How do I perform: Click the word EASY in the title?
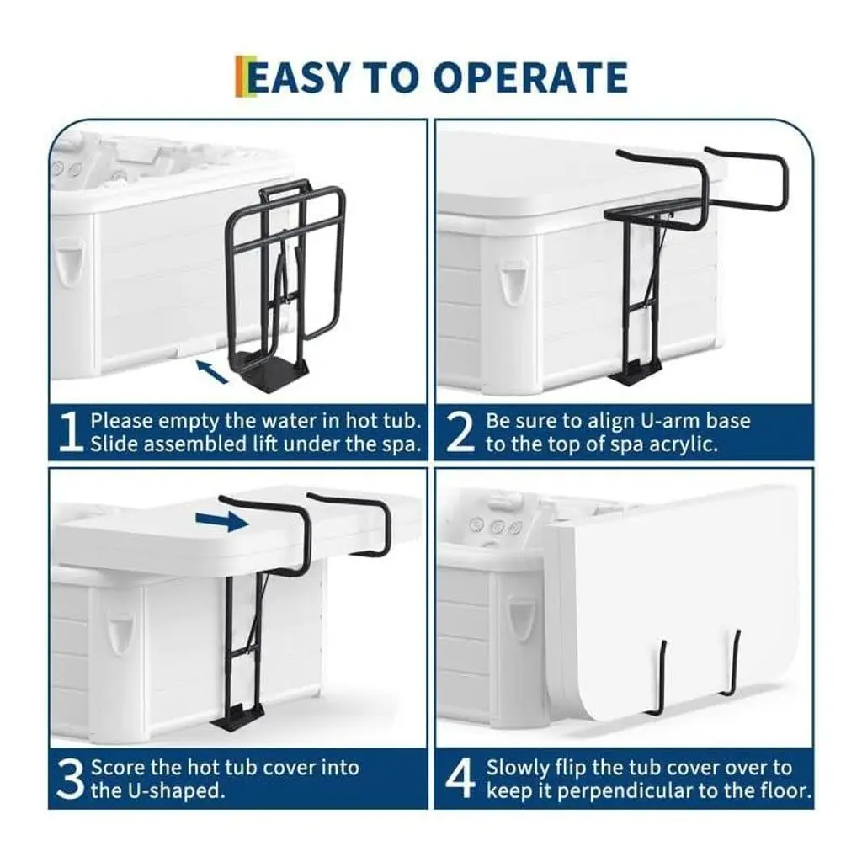click(x=299, y=77)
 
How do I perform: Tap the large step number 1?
click(x=70, y=432)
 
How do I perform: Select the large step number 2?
click(x=459, y=432)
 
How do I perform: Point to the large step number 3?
click(x=70, y=779)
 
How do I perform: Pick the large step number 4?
click(x=460, y=779)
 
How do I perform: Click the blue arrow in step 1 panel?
click(x=212, y=371)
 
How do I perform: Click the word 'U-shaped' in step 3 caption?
click(x=177, y=791)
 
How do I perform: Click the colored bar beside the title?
click(x=241, y=77)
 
